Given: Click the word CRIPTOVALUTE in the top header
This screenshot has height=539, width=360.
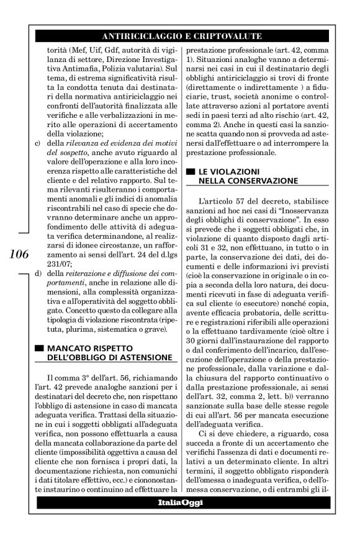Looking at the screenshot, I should coord(227,35).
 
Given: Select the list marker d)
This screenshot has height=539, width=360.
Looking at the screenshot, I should coord(40,274).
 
